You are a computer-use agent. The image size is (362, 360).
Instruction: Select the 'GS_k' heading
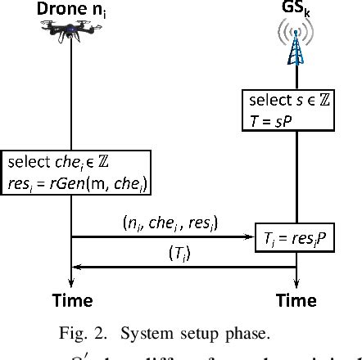pos(296,10)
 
